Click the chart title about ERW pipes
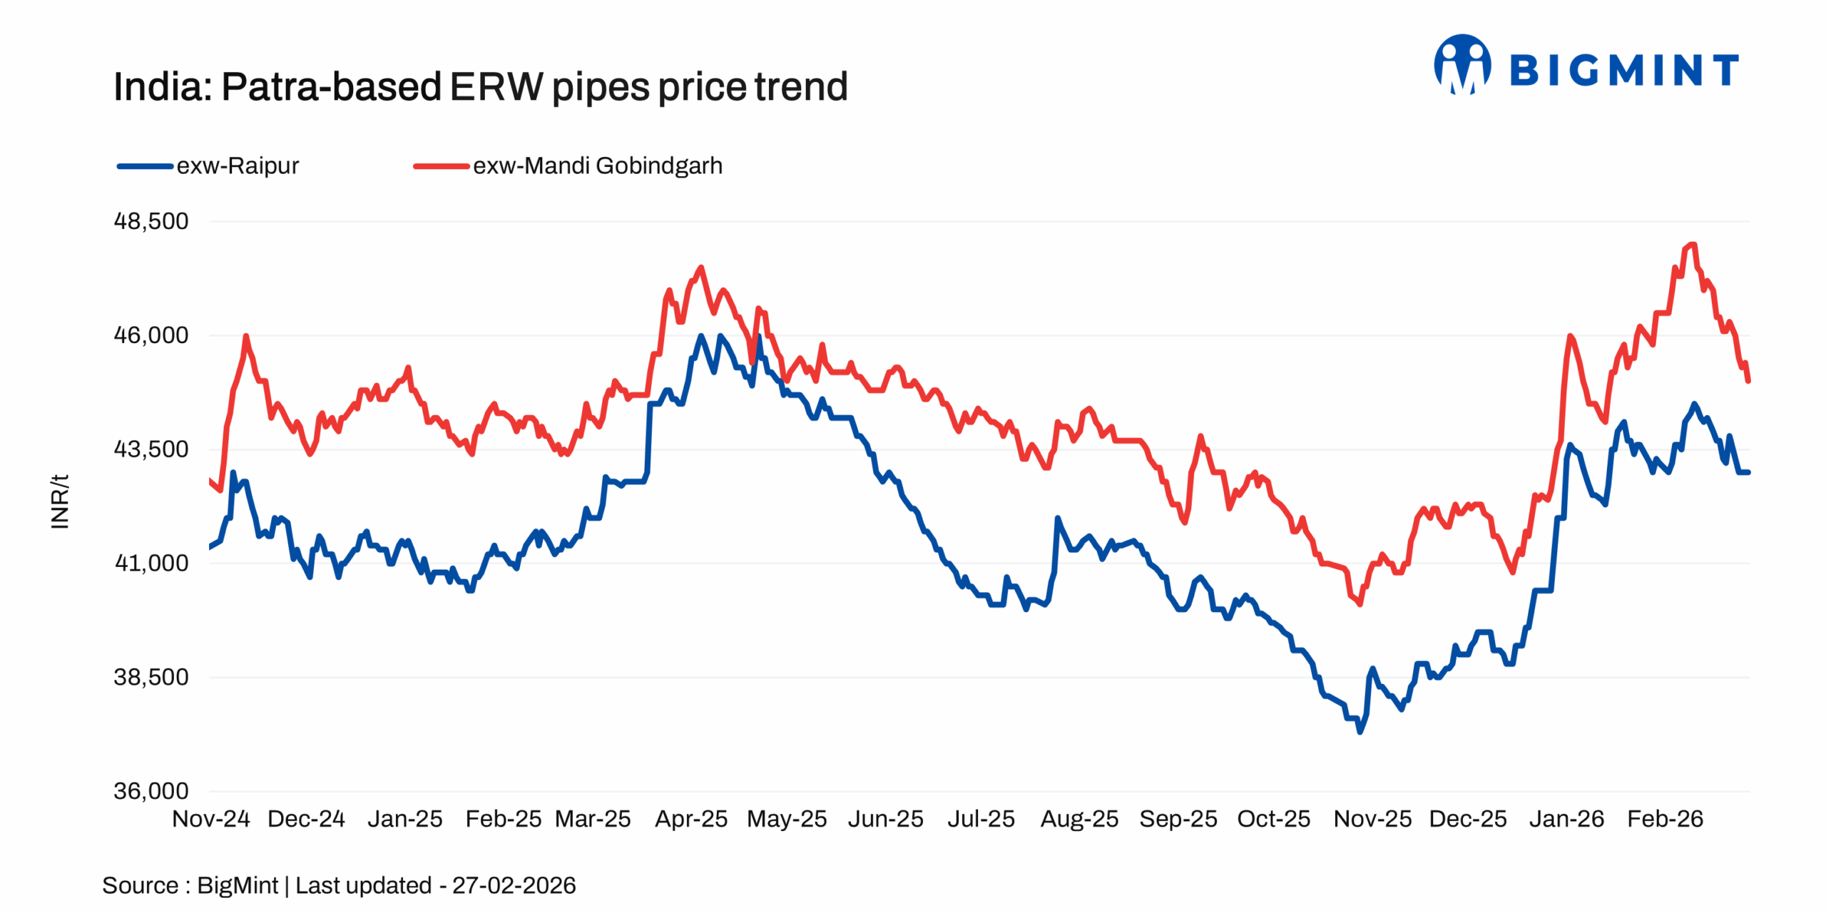click(x=480, y=87)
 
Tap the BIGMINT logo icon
click(x=1462, y=66)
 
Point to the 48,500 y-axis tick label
click(x=151, y=221)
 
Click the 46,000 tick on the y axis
click(x=151, y=335)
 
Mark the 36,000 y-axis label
click(x=151, y=791)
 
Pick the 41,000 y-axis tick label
click(x=151, y=563)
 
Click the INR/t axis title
click(x=60, y=501)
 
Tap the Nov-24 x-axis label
click(x=211, y=819)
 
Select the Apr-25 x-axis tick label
click(x=690, y=819)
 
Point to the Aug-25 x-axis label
click(x=1079, y=819)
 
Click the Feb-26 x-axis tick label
click(x=1665, y=819)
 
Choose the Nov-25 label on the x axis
click(x=1372, y=819)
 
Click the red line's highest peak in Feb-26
click(x=1692, y=245)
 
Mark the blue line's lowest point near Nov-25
click(x=1360, y=731)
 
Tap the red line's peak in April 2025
click(x=701, y=267)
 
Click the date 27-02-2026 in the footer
click(x=514, y=886)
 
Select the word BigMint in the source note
click(x=237, y=886)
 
